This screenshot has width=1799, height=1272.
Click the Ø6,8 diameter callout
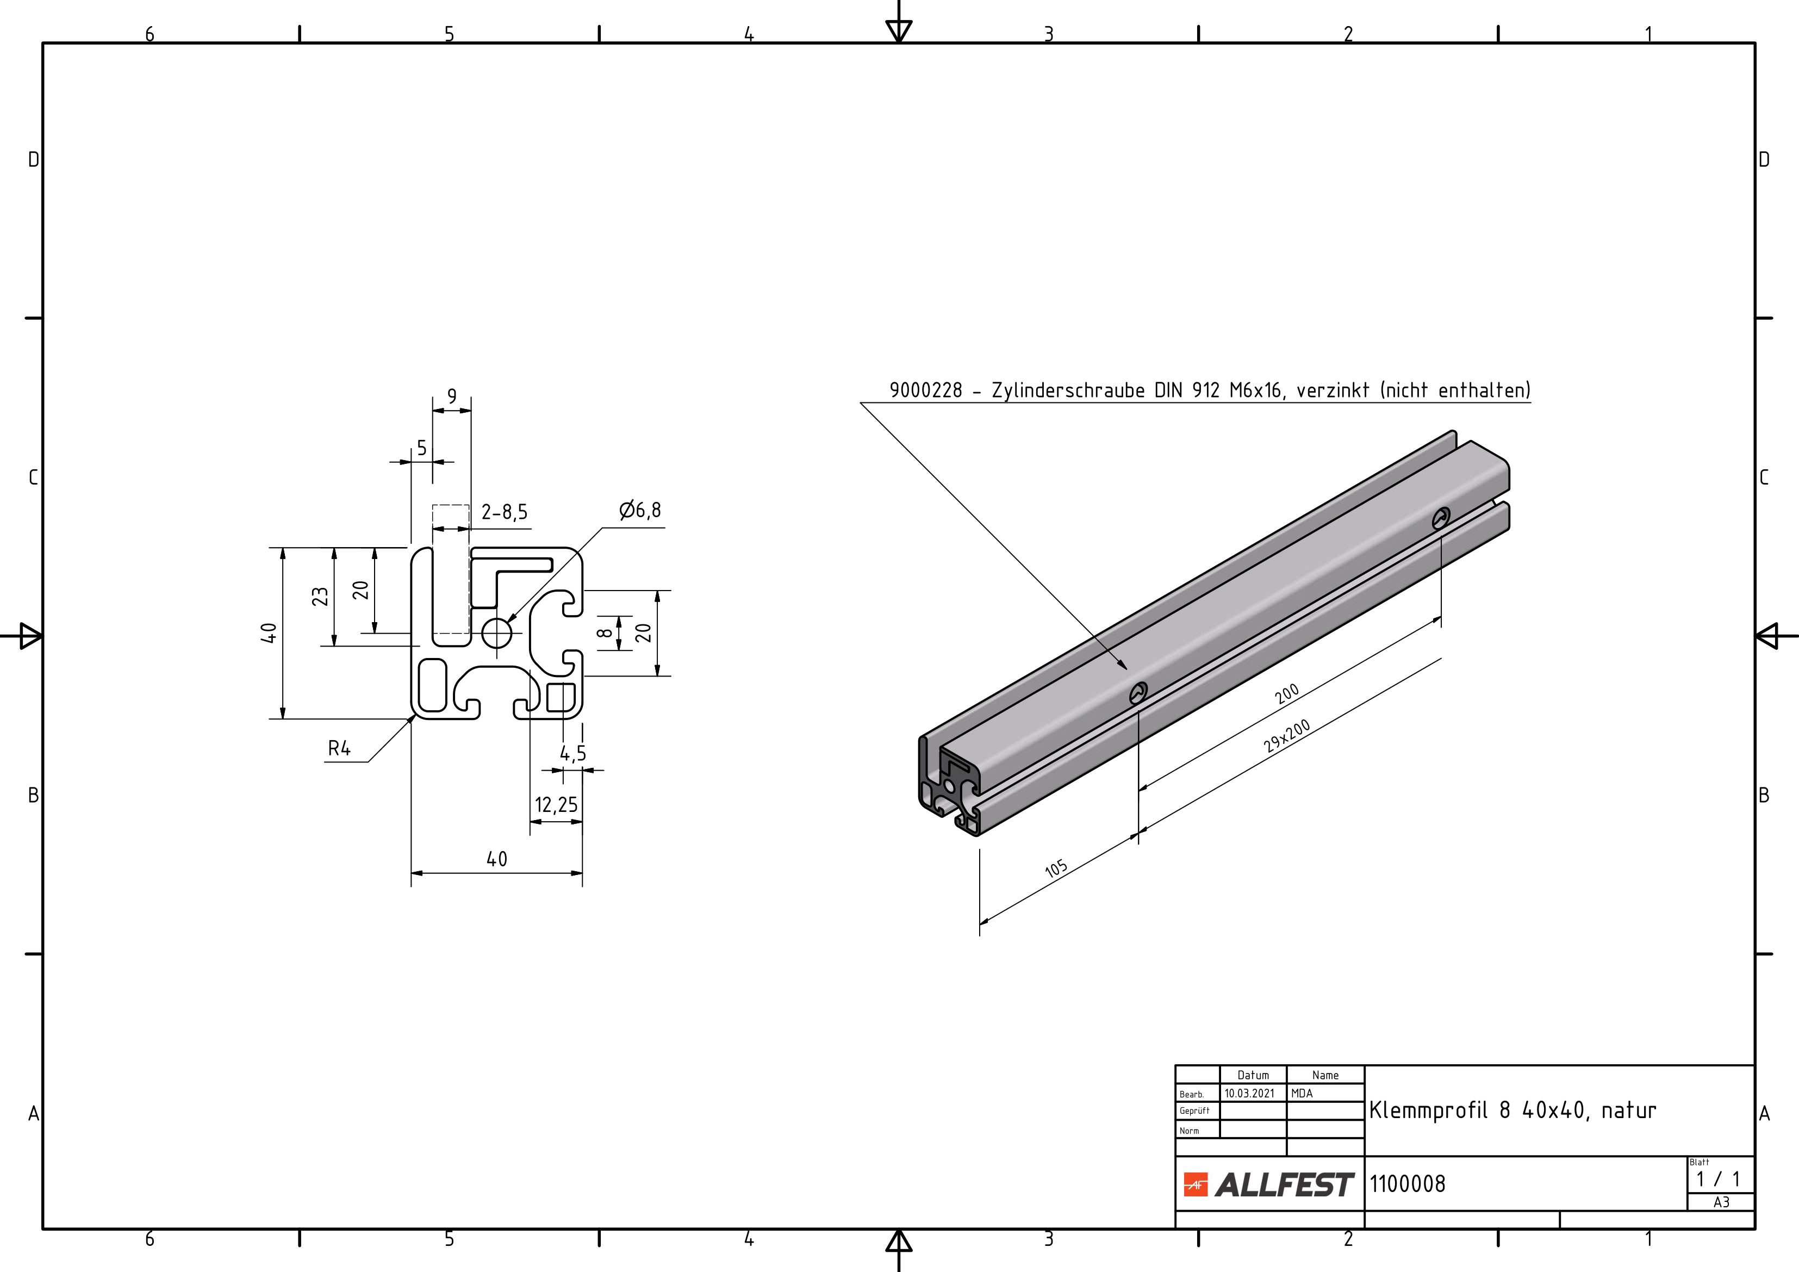click(x=640, y=511)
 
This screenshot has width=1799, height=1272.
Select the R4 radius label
click(x=339, y=749)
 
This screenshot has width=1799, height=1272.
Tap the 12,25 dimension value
click(x=556, y=805)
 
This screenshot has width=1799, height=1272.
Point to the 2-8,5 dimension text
click(x=505, y=513)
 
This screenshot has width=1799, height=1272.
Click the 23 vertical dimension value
click(x=320, y=597)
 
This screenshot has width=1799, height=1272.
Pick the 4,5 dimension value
click(x=573, y=754)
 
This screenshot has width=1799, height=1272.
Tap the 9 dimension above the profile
click(x=452, y=396)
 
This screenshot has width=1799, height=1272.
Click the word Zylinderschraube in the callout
click(x=1068, y=390)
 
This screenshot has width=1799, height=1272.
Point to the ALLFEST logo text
click(x=1284, y=1184)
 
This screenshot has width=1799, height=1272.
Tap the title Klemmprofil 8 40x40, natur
click(x=1512, y=1110)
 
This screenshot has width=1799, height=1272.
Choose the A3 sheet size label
click(x=1721, y=1202)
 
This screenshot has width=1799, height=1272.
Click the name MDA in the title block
click(x=1302, y=1093)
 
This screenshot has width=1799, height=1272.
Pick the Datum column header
click(x=1253, y=1075)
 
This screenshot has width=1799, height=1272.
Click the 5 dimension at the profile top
click(x=421, y=448)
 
